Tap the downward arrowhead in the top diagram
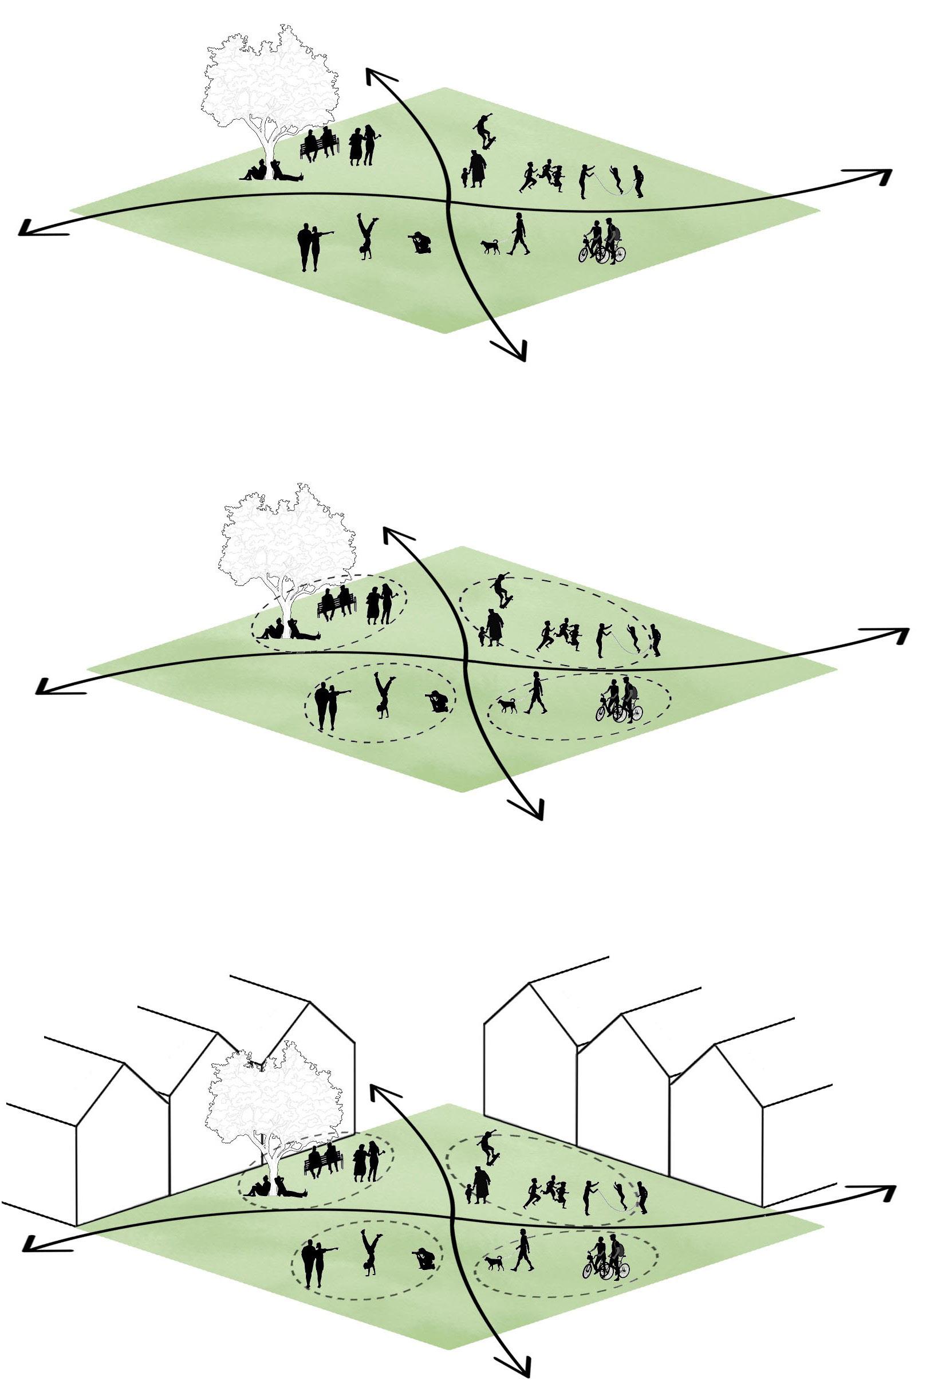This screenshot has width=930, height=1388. tap(515, 351)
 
